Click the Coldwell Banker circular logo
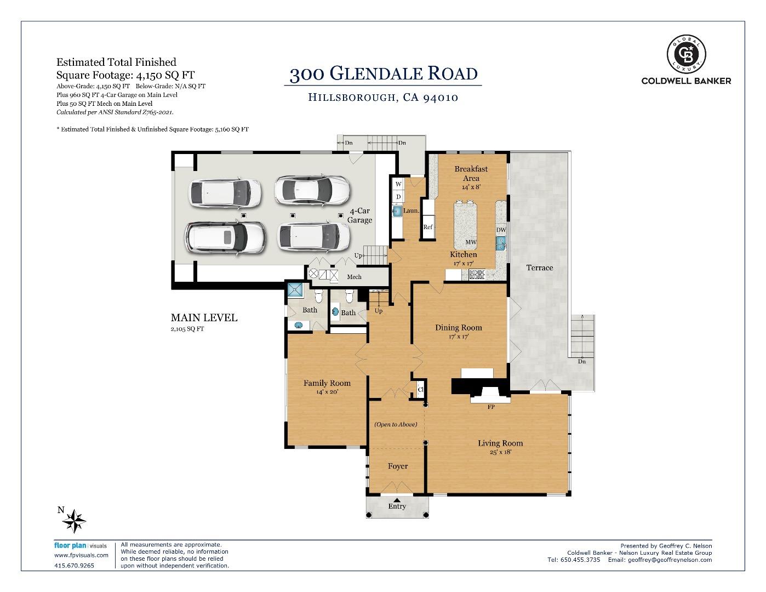click(x=686, y=54)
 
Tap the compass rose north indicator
click(x=74, y=519)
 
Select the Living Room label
click(x=500, y=443)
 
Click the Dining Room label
click(x=459, y=328)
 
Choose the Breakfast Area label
click(x=471, y=173)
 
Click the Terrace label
click(x=539, y=267)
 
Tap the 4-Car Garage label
click(x=359, y=215)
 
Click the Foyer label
click(x=397, y=466)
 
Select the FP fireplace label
click(x=491, y=407)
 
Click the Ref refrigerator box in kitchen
click(x=428, y=227)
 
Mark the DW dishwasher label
click(x=501, y=230)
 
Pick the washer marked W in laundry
click(x=398, y=184)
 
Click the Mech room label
click(x=354, y=277)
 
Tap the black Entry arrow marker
click(x=397, y=500)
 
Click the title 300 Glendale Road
click(x=383, y=73)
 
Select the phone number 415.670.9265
click(x=75, y=566)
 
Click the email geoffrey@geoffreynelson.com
click(x=670, y=560)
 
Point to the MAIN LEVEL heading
click(x=204, y=318)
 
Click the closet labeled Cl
click(x=420, y=390)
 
